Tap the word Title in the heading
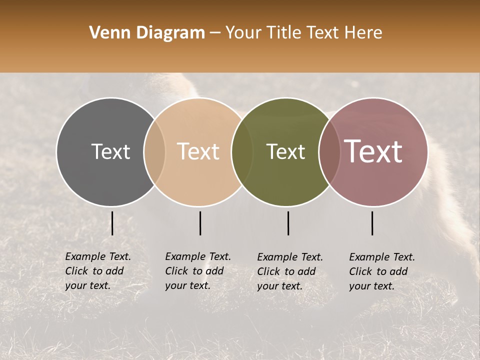click(x=285, y=33)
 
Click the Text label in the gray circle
click(x=110, y=151)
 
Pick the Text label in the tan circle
click(x=198, y=151)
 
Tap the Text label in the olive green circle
click(x=285, y=151)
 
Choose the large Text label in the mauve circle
click(x=373, y=151)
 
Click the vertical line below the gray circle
click(x=112, y=223)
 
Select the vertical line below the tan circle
click(x=200, y=223)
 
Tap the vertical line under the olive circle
click(x=288, y=223)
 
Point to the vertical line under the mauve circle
click(x=372, y=223)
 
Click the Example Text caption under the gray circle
click(x=97, y=271)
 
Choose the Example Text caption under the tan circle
click(x=197, y=271)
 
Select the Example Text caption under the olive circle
click(x=289, y=271)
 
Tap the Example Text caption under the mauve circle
click(x=381, y=271)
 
